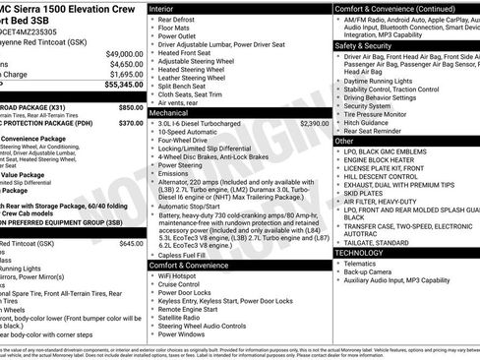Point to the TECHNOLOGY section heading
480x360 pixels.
point(365,252)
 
